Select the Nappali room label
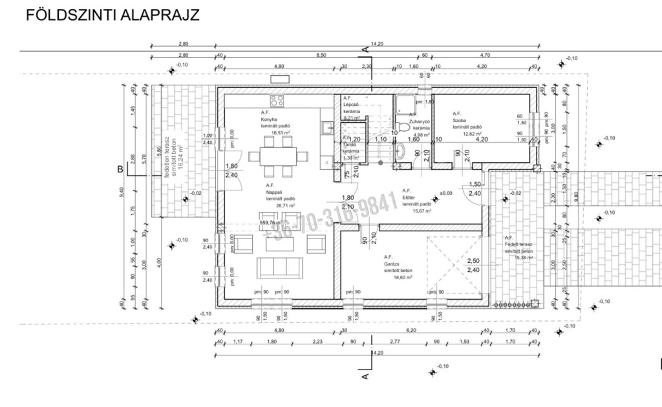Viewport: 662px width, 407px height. point(274,192)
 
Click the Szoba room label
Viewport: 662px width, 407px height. point(460,120)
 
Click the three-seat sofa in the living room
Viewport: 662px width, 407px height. point(280,266)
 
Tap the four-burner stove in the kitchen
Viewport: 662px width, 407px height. point(278,100)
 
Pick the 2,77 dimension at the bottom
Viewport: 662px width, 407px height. point(394,341)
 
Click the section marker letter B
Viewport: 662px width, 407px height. point(120,170)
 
